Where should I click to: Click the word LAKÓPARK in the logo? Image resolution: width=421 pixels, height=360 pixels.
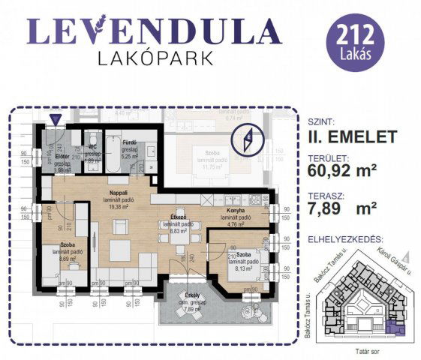point(154,57)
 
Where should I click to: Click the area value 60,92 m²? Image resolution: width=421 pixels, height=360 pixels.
point(342,170)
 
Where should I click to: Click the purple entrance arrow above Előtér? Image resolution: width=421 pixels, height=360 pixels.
point(54,119)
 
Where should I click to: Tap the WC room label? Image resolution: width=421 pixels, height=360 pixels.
point(93,147)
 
